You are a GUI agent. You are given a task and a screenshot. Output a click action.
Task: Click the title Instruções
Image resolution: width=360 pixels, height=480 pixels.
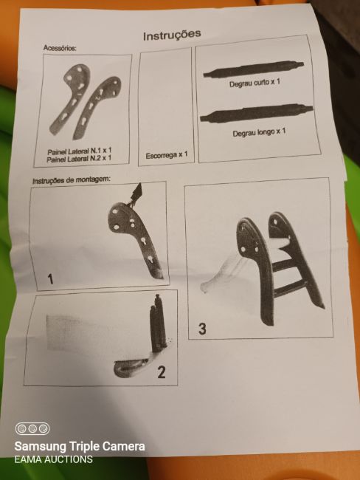(x=172, y=35)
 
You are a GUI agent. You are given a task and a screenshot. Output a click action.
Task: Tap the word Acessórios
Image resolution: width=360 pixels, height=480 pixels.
(x=60, y=48)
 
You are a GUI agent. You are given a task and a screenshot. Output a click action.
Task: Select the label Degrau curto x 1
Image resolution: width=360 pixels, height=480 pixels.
(x=255, y=83)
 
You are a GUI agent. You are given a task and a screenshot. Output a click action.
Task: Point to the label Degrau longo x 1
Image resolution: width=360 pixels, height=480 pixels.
(x=259, y=132)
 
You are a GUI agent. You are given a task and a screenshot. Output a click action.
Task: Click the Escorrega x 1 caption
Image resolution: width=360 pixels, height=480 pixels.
(x=167, y=155)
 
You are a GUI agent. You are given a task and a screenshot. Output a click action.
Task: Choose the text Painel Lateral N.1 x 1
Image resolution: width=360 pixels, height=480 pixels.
(x=80, y=151)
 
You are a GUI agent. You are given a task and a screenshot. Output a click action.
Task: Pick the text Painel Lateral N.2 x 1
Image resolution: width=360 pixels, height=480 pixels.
(x=79, y=159)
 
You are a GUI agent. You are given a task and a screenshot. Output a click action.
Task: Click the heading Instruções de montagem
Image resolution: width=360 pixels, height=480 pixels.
(x=71, y=180)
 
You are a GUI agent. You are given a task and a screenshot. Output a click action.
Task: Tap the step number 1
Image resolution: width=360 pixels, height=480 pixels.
(x=50, y=279)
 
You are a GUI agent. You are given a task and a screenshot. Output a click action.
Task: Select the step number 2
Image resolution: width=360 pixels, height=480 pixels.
(x=162, y=372)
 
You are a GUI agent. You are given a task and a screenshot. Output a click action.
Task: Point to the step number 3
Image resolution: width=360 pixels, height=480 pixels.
(x=202, y=329)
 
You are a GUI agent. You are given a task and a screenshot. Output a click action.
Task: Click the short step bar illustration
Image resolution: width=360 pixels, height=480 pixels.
(x=254, y=69)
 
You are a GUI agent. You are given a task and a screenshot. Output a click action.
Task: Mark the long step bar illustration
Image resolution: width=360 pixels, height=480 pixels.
(x=256, y=113)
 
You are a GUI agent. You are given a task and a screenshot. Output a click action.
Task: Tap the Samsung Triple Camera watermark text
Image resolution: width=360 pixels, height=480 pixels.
(x=80, y=446)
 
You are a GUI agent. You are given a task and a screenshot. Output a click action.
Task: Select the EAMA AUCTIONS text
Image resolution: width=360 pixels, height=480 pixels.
(x=54, y=459)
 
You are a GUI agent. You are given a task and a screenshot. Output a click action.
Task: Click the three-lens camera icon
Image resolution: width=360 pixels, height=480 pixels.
(x=32, y=428)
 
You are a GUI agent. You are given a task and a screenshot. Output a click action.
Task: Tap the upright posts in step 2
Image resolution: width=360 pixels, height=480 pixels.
(x=158, y=324)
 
